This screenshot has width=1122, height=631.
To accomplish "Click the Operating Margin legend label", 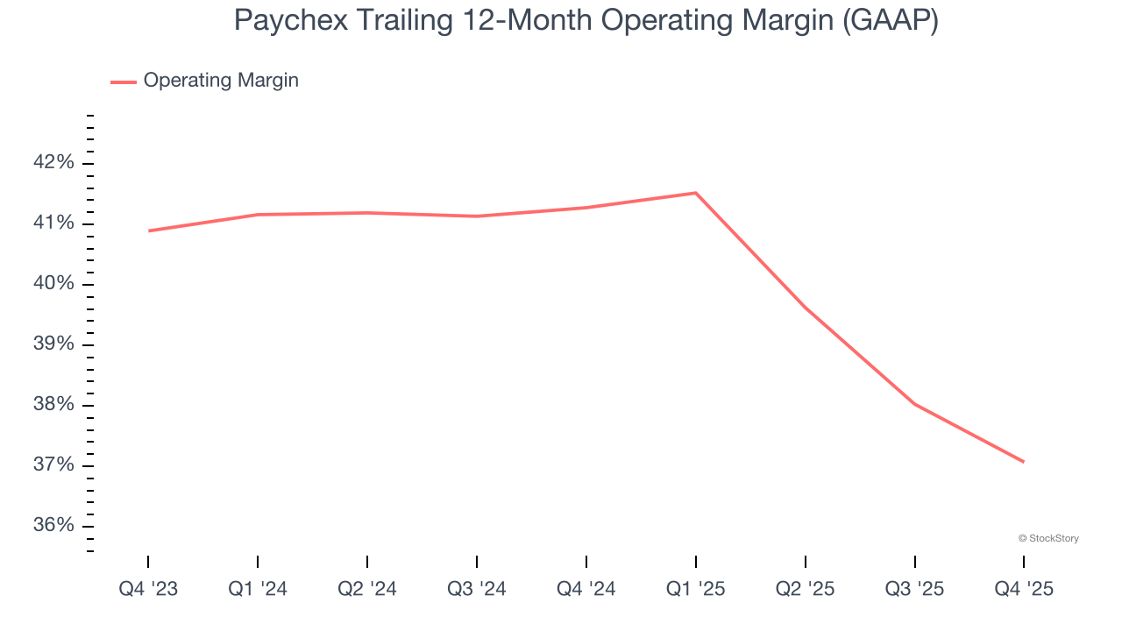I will tap(221, 81).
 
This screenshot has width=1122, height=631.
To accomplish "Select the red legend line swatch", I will tap(124, 82).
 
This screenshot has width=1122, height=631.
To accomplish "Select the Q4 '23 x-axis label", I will tap(148, 589).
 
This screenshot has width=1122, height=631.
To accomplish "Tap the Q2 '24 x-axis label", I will tap(367, 589).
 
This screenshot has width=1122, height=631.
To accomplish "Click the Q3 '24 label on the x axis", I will tap(477, 589).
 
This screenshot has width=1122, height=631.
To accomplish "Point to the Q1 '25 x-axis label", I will tap(696, 589).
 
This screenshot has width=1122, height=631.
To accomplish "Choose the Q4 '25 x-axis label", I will tap(1024, 589).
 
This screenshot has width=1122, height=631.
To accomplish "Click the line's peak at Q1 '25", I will tap(696, 193).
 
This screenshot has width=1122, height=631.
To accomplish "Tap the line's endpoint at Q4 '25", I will tap(1024, 462).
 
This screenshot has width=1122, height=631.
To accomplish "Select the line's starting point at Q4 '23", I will tap(148, 231).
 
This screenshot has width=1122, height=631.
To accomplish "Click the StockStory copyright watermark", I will tap(1048, 538).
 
